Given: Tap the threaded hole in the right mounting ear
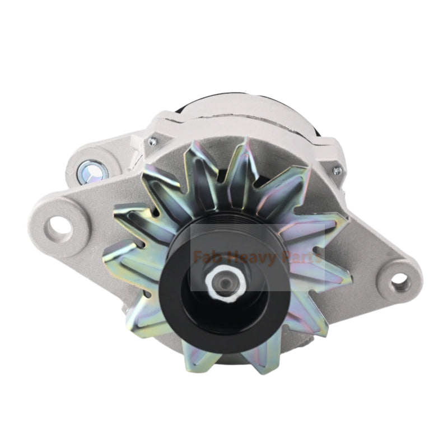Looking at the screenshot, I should tap(399, 281).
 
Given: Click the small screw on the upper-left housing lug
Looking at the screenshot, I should tap(152, 142).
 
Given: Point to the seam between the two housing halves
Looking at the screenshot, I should tap(168, 132).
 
